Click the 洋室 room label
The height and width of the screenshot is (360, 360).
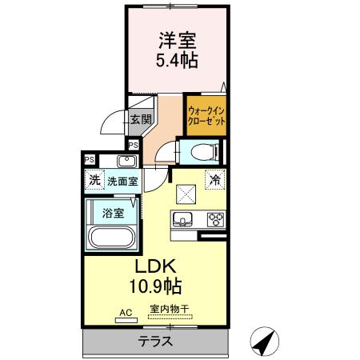(x=178, y=41)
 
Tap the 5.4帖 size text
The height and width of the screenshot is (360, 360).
(x=177, y=61)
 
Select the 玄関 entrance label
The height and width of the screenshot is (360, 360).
(x=141, y=119)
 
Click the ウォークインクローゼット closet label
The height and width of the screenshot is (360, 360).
(x=206, y=116)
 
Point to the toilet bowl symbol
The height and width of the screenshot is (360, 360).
(x=204, y=152)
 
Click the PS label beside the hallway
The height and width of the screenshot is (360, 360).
(x=134, y=146)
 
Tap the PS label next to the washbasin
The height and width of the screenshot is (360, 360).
(x=90, y=160)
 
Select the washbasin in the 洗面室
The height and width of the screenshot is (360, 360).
(x=127, y=161)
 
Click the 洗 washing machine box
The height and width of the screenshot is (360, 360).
(x=94, y=180)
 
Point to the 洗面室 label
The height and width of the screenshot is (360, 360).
(x=122, y=182)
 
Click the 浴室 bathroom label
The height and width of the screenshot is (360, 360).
(x=113, y=213)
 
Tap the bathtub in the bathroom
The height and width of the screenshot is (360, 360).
(x=112, y=238)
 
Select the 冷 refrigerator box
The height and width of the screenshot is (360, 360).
(x=215, y=180)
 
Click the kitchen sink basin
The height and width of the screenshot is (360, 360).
(x=182, y=218)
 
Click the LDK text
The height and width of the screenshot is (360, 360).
(x=156, y=266)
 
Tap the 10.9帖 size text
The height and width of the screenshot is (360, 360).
(x=155, y=286)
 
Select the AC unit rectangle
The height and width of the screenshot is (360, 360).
(x=126, y=320)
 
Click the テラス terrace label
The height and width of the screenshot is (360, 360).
(x=155, y=341)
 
